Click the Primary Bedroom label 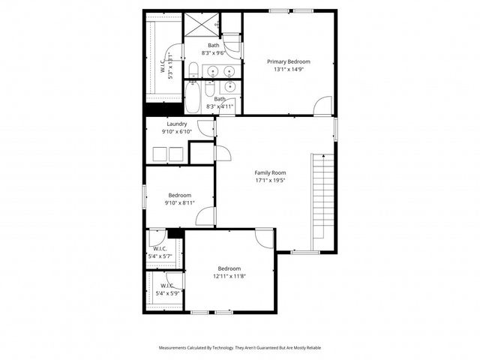coord(289,61)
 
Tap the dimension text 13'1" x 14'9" coord(289,70)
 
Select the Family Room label coord(270,172)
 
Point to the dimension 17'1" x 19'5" coord(270,181)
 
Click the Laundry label coord(177,124)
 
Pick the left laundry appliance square coord(160,154)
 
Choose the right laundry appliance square coord(175,154)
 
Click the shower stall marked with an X coord(199,25)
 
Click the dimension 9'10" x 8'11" coord(179,202)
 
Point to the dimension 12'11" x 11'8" coord(229,276)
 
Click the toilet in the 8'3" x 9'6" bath coord(193,70)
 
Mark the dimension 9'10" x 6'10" coord(177,132)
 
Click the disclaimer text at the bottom coord(240,348)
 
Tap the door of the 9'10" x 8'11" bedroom coord(205,217)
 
